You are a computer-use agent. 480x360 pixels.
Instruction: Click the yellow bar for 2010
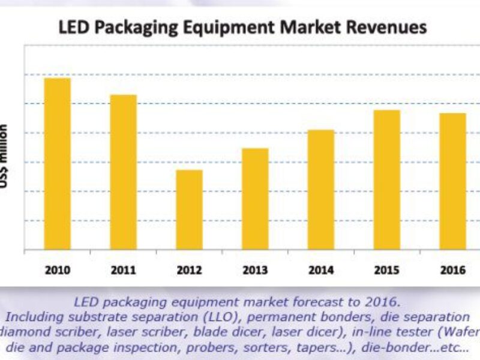(x=57, y=163)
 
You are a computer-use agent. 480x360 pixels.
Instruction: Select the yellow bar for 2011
(x=123, y=172)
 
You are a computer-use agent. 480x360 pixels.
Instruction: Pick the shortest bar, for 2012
(x=189, y=209)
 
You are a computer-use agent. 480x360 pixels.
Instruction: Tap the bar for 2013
(x=255, y=199)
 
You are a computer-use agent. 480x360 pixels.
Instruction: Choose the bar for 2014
(x=321, y=189)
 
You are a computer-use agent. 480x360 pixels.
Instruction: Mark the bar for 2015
(x=387, y=179)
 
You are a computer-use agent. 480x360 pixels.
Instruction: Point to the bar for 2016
(x=452, y=181)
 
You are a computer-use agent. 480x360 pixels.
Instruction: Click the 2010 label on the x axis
(x=57, y=270)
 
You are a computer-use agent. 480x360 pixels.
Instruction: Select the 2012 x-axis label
(x=189, y=270)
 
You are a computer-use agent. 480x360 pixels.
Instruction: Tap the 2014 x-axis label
(x=321, y=270)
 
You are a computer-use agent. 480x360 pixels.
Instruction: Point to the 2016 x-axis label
(x=452, y=270)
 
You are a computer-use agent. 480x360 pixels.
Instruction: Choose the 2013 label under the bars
(x=255, y=270)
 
